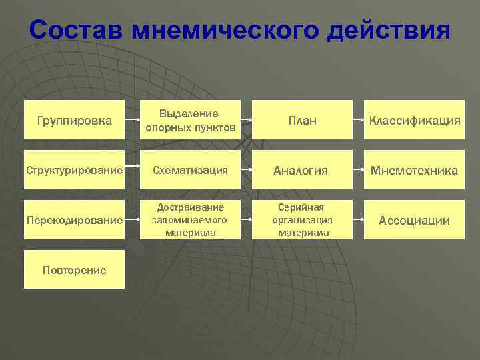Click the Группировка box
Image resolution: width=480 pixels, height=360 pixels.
click(x=74, y=120)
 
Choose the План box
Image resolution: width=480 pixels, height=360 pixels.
click(x=303, y=120)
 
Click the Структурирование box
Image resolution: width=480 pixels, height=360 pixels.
click(x=74, y=171)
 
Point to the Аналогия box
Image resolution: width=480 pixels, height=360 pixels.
click(x=303, y=171)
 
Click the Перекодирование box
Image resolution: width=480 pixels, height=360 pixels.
click(x=74, y=220)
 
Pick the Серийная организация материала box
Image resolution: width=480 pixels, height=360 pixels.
click(x=303, y=220)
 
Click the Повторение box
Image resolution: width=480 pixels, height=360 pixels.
click(x=74, y=269)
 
